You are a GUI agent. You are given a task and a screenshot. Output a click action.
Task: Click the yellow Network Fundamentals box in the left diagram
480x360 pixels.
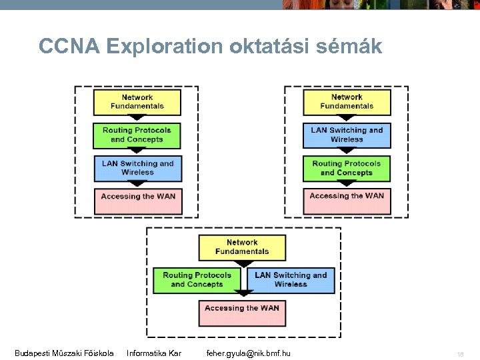coord(137,102)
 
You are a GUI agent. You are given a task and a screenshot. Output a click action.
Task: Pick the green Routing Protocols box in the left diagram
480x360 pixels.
coord(137,135)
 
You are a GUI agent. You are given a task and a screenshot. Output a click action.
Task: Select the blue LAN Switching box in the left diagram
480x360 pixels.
coord(137,168)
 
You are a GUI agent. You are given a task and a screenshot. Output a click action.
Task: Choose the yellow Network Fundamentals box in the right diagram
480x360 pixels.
coord(347,102)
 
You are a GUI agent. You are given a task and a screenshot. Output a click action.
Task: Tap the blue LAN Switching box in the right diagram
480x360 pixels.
coord(347,135)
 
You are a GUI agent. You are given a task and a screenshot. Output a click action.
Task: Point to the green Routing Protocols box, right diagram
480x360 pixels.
coord(347,168)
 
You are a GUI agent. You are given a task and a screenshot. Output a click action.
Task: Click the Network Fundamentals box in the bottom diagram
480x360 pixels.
coord(242,247)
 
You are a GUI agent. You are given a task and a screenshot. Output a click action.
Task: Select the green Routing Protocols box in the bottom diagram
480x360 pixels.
coord(197,280)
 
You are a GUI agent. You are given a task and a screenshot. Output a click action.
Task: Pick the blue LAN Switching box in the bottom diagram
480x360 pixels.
coord(291,280)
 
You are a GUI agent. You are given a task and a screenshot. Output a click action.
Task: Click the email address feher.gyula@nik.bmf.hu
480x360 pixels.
coord(248,353)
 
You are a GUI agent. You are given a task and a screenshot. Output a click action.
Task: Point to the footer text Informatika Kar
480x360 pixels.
coord(154,353)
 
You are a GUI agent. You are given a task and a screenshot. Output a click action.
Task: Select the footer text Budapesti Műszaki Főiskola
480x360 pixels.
coord(64,353)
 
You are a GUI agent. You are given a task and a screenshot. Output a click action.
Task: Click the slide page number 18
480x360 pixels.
coord(459,353)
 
